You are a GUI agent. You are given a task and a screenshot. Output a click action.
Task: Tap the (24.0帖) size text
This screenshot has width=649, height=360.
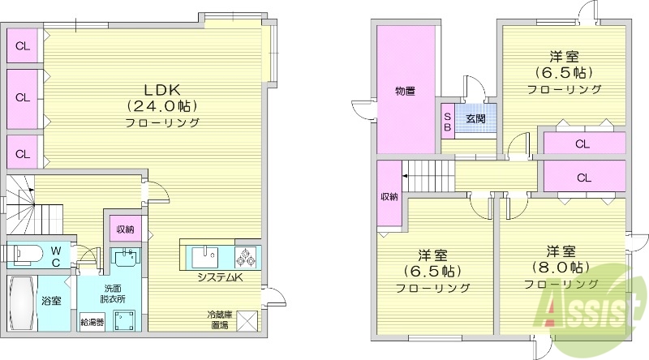[161, 105]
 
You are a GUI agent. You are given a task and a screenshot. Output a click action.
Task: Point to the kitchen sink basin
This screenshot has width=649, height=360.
[203, 258]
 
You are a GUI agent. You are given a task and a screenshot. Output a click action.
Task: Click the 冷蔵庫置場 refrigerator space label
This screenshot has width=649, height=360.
[217, 320]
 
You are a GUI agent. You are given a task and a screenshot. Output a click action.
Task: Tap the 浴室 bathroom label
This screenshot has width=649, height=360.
[51, 301]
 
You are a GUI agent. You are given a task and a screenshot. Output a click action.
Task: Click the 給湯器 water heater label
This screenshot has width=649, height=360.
[90, 323]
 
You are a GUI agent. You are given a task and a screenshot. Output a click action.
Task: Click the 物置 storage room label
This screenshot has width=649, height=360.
[406, 91]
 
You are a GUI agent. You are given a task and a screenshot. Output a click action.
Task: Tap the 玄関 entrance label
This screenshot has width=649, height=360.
[475, 118]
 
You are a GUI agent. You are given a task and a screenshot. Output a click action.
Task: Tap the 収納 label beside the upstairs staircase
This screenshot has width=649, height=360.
[389, 197]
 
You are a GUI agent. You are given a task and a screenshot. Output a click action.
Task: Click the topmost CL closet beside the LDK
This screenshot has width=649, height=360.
[23, 45]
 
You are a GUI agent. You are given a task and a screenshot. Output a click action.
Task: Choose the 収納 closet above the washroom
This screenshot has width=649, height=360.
[124, 229]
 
